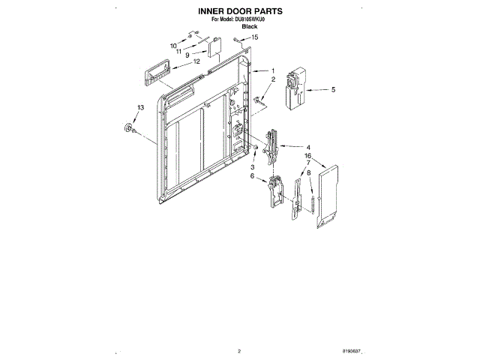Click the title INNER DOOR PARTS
[239, 12]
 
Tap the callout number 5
[333, 89]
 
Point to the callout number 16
[307, 156]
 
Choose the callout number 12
[196, 61]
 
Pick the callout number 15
[254, 37]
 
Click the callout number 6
[253, 176]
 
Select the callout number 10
[172, 46]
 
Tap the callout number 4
[308, 147]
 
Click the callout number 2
[274, 79]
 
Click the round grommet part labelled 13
[129, 131]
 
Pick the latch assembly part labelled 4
[272, 145]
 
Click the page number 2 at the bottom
[238, 350]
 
